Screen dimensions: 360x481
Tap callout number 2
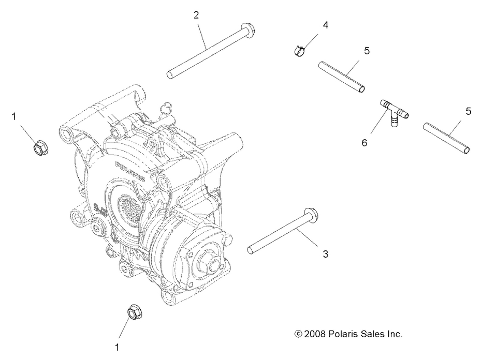pos(196,15)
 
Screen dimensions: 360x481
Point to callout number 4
pos(325,24)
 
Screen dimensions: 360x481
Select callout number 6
pos(365,142)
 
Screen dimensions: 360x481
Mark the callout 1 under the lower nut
pos(117,348)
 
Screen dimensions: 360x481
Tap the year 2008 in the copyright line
pos(314,334)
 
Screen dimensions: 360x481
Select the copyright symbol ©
pos(298,334)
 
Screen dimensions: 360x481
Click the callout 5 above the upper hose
pos(367,51)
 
